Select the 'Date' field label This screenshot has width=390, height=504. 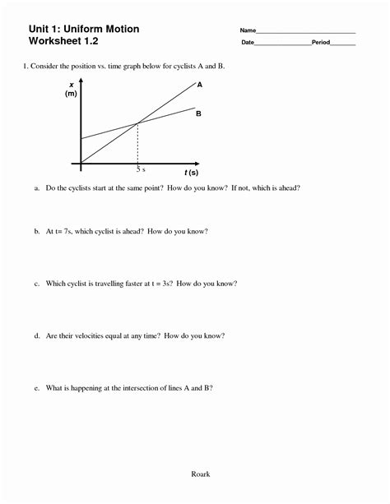click(248, 42)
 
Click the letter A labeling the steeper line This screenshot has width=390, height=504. click(200, 84)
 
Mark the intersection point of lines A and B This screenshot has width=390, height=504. click(137, 123)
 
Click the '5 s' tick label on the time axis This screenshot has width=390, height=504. click(141, 169)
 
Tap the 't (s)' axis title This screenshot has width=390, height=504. click(191, 173)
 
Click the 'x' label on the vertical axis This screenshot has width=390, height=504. click(72, 85)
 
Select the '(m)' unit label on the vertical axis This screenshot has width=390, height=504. click(71, 95)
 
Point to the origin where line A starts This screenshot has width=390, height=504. click(81, 162)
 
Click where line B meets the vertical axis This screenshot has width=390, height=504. click(81, 139)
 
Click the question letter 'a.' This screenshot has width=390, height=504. click(37, 188)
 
